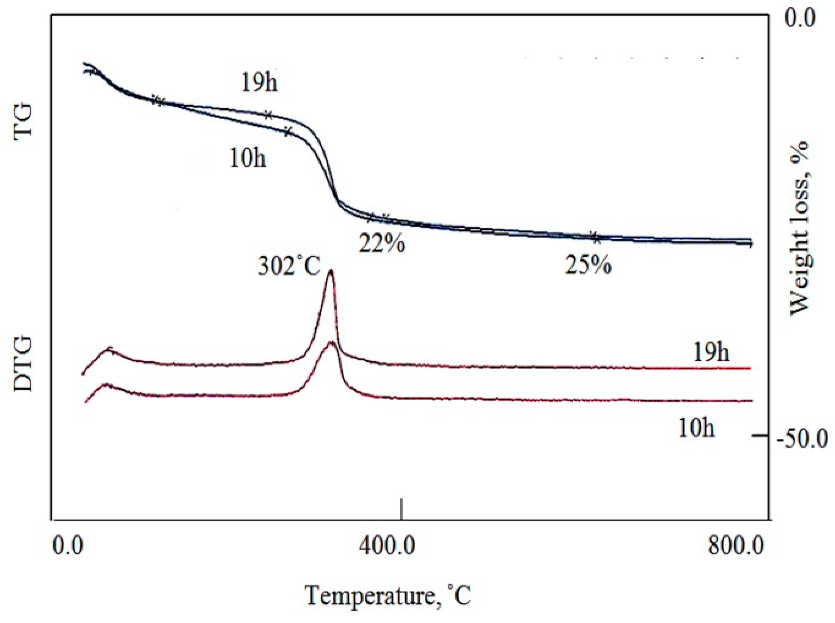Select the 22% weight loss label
tap(381, 243)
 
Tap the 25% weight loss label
tap(588, 265)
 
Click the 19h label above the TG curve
tap(259, 82)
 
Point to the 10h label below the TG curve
tap(248, 158)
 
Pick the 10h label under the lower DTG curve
tap(696, 428)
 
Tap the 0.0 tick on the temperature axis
tap(68, 546)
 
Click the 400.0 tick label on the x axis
tap(386, 546)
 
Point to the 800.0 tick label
tap(736, 546)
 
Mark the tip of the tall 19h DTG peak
tap(331, 271)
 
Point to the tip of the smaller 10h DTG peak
tap(331, 342)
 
